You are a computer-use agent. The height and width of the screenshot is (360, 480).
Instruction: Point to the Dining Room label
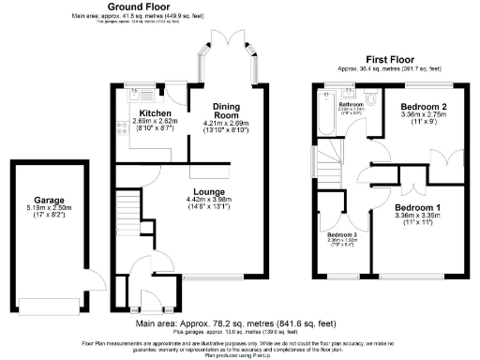tap(226, 111)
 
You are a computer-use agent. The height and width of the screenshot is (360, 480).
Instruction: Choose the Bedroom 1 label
tap(417, 207)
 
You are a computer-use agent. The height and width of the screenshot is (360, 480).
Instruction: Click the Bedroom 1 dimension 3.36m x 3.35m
tap(417, 217)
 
